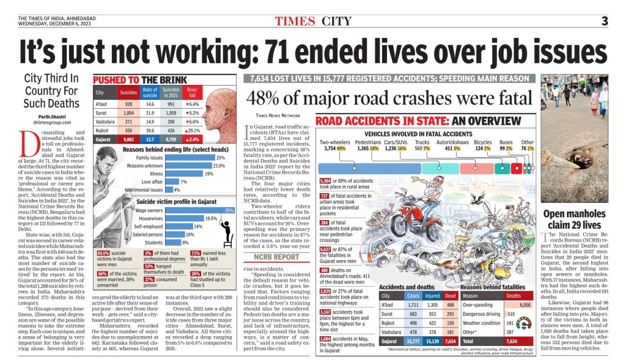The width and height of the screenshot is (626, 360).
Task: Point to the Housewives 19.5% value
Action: click(x=211, y=218)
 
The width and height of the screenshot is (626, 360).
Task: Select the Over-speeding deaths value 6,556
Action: click(x=525, y=305)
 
